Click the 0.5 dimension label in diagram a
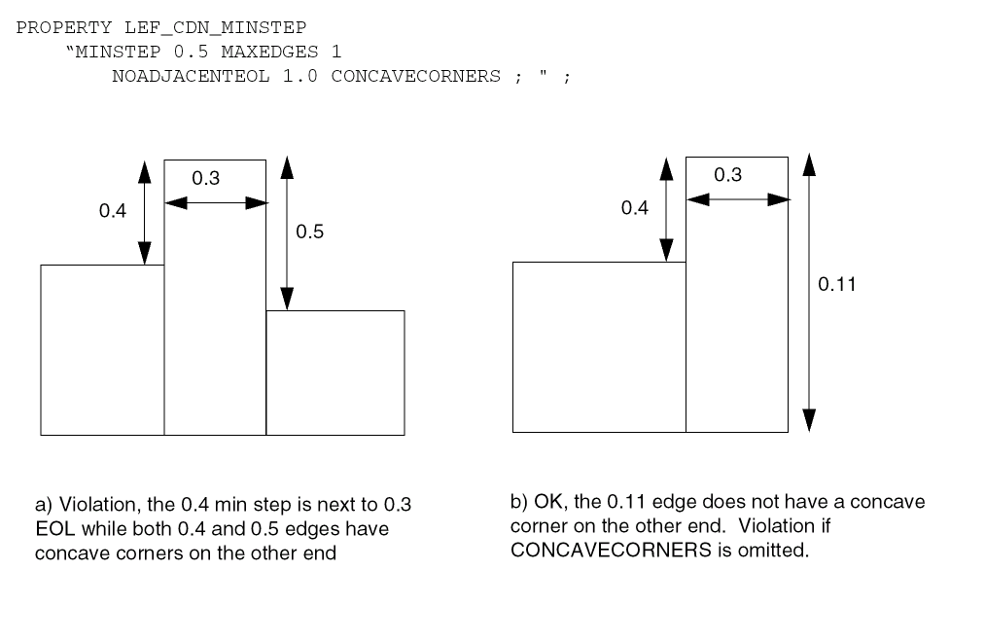pos(310,232)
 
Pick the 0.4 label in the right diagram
pos(635,208)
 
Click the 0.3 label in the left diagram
pos(206,178)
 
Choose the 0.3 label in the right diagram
pos(727,175)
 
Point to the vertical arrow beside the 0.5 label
pos(286,233)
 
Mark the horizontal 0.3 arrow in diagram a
pos(215,202)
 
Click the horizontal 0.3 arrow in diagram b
pos(737,198)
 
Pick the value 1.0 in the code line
pos(299,76)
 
